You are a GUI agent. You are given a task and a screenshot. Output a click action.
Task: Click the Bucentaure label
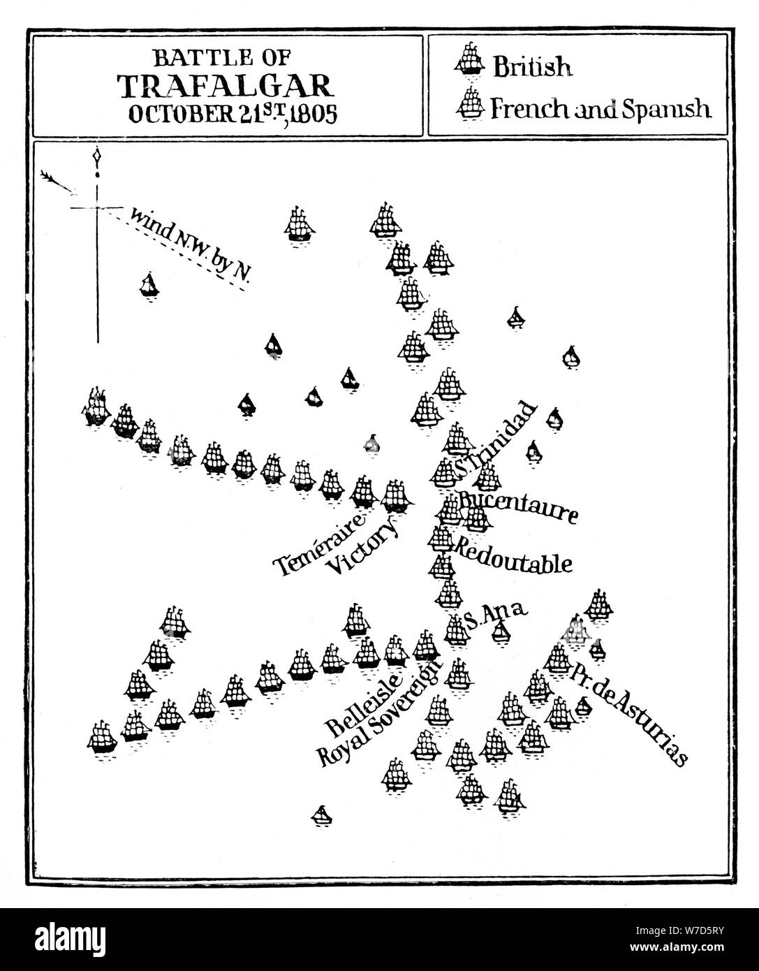click(x=518, y=508)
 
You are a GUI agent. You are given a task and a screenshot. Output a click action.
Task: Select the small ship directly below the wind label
click(x=148, y=284)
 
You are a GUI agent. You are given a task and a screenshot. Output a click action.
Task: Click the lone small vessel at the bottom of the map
click(x=320, y=814)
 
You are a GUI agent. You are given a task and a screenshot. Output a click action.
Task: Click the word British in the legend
click(x=532, y=67)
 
